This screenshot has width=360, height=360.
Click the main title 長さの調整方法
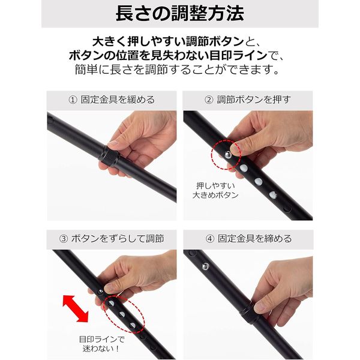point(180,14)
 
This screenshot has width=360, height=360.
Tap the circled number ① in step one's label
point(73,100)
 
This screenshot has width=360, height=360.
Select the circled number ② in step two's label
point(209,100)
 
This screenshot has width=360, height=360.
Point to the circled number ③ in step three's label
point(64,239)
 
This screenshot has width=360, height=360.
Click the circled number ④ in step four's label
point(210,239)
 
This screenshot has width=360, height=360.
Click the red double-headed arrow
point(76,308)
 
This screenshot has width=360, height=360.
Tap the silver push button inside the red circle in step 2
point(228,155)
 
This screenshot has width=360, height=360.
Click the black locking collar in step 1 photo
point(109,156)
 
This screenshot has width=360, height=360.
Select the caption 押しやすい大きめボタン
point(215,190)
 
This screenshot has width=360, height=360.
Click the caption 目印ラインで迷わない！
point(101,344)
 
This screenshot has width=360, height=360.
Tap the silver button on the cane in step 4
point(205,266)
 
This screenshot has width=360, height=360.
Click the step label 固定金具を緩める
point(118,100)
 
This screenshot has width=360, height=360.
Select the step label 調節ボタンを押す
point(254,100)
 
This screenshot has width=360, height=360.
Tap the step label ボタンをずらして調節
point(118,239)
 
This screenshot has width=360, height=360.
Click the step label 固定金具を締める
point(255,239)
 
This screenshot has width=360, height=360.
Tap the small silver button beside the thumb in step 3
point(101,292)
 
